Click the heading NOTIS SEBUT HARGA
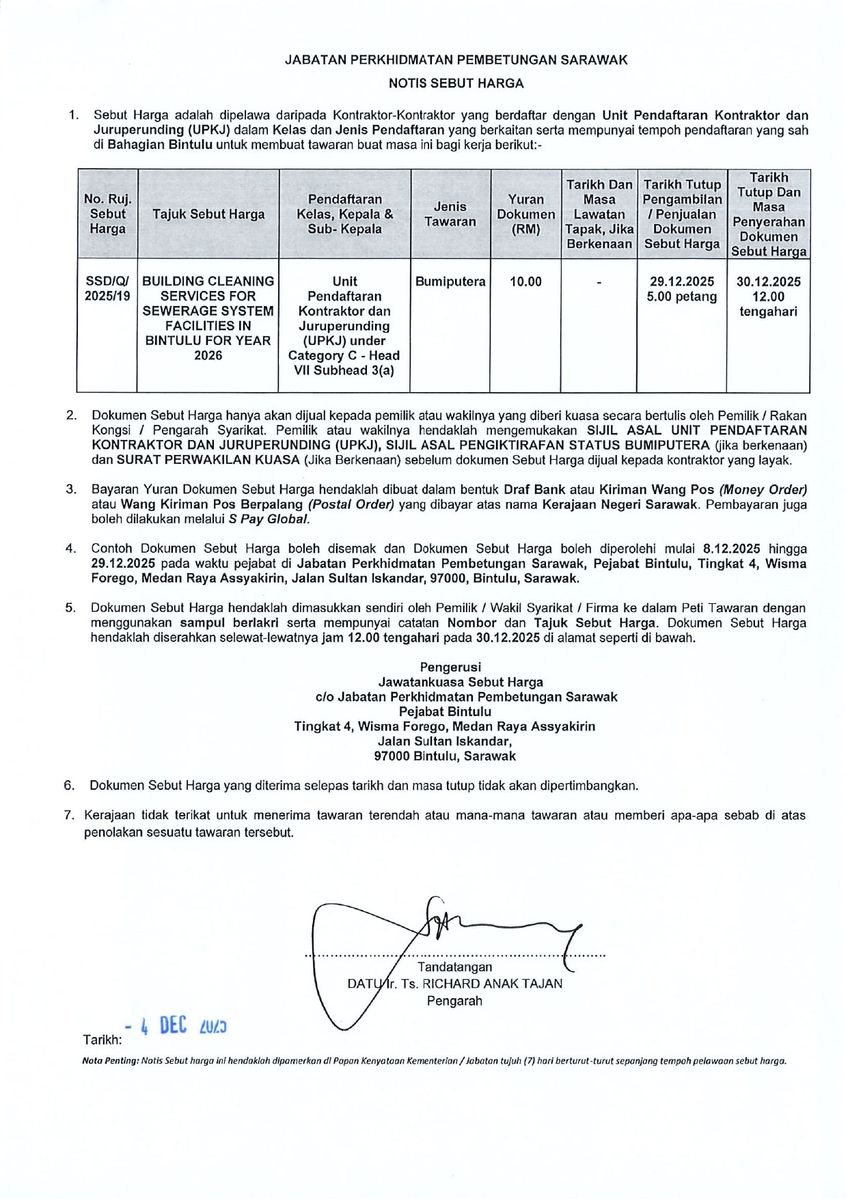(x=456, y=83)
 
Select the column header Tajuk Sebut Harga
(x=208, y=214)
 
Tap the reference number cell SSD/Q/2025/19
(x=107, y=288)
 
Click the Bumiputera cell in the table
(x=450, y=281)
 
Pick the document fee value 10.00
(x=525, y=281)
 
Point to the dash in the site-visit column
(x=599, y=282)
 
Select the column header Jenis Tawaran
(x=450, y=214)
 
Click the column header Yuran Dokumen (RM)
(x=525, y=214)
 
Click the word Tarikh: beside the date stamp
(x=102, y=1040)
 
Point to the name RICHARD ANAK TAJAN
(x=492, y=984)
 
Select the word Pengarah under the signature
(x=454, y=1001)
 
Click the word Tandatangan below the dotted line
(x=454, y=967)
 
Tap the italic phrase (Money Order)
(x=763, y=489)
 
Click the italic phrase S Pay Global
(x=269, y=519)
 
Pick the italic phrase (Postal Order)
(x=351, y=504)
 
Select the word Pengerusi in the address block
(x=450, y=667)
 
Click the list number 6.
(x=70, y=785)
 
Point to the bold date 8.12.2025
(x=731, y=549)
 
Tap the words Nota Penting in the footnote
(x=109, y=1061)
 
